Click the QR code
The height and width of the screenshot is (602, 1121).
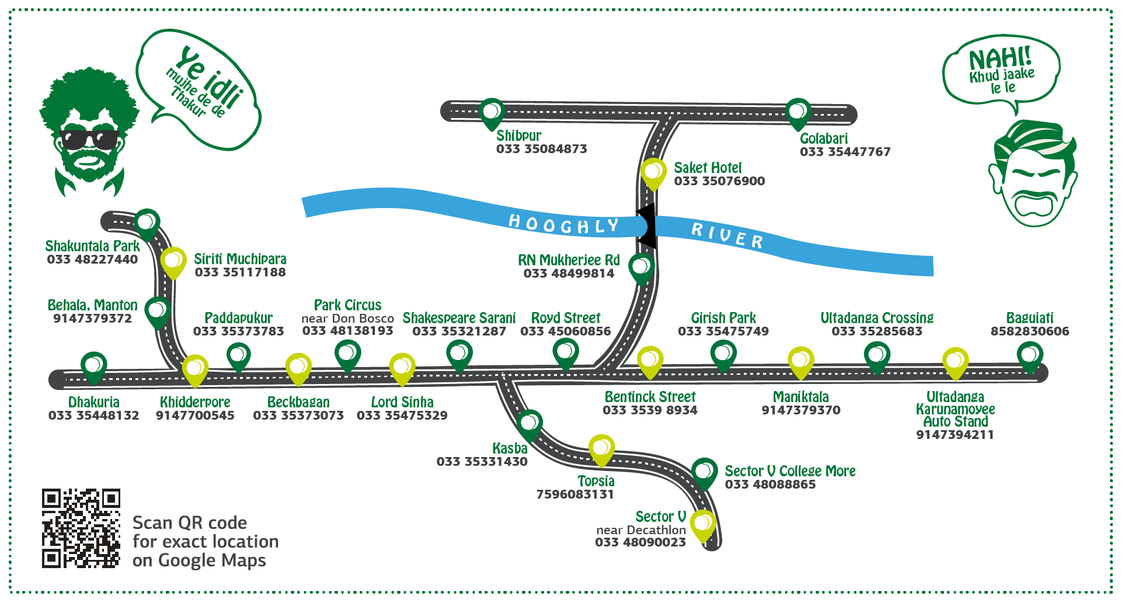[81, 528]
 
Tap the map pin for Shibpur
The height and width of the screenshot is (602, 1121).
[492, 111]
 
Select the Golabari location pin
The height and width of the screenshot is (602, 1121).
[798, 111]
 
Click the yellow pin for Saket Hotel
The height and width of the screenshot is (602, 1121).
[653, 171]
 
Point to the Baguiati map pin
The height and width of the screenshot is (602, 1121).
[1030, 355]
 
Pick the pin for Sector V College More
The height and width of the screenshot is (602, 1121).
[704, 471]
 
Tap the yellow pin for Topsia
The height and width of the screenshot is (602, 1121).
[601, 448]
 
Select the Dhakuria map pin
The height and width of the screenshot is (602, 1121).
[93, 365]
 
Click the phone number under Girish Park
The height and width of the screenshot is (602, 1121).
[723, 331]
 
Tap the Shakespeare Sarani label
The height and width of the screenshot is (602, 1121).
[459, 318]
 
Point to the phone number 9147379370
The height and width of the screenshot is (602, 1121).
[801, 410]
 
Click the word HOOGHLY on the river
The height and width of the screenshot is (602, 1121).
[563, 224]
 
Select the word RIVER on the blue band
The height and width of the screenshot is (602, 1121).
[727, 235]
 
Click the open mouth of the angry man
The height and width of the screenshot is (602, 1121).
[1033, 205]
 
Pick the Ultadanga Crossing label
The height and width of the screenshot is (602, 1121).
[877, 318]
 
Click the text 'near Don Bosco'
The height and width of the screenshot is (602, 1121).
[347, 319]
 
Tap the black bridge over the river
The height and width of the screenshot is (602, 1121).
[646, 226]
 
